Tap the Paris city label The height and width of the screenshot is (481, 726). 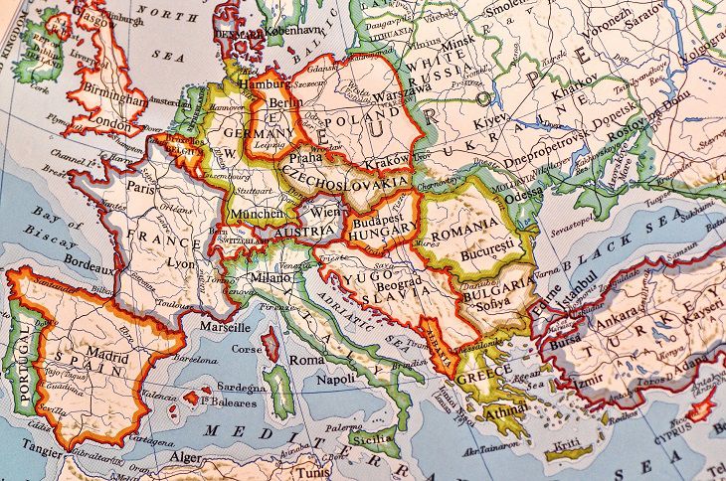140,186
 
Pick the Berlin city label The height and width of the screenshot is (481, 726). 284,103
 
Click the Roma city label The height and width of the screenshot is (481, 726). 307,360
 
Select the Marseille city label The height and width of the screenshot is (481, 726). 224,326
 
